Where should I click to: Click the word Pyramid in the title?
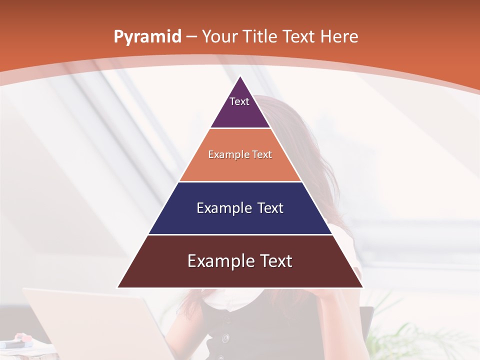pos(147,37)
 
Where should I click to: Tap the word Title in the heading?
pos(261,37)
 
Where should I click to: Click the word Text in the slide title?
pos(300,37)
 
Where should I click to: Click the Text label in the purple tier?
pos(239,101)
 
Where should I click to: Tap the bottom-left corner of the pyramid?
pos(118,287)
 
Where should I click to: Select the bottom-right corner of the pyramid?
pos(362,287)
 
